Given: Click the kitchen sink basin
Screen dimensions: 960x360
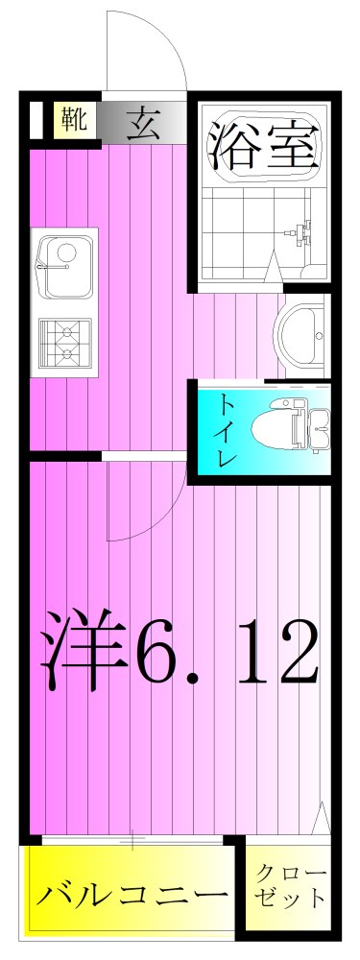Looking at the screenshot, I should (x=63, y=264).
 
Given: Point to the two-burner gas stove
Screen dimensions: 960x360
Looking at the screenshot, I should (x=64, y=344).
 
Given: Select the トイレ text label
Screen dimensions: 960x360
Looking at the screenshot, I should (x=226, y=428).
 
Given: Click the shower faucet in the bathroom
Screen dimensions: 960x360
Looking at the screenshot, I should (x=302, y=230).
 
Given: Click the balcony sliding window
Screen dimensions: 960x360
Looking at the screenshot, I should (x=132, y=842).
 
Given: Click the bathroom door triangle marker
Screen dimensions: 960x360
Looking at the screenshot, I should (x=274, y=269).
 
